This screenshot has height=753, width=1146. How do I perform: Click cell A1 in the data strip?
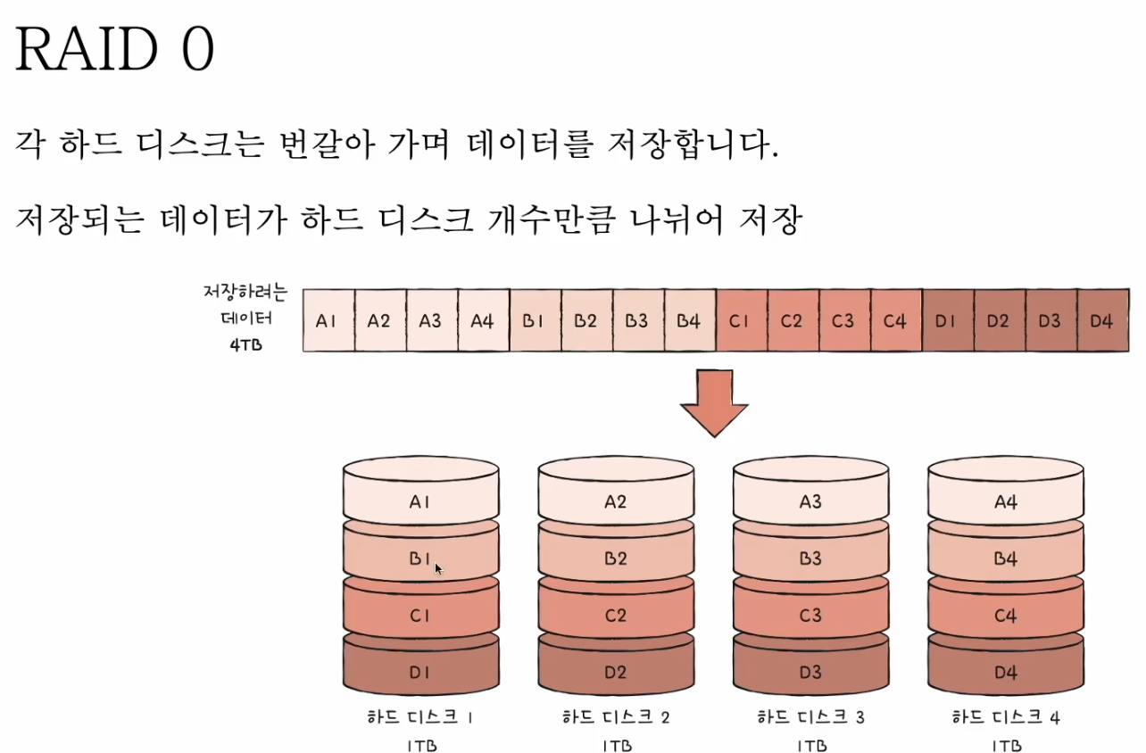(328, 320)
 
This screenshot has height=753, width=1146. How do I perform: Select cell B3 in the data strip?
(637, 320)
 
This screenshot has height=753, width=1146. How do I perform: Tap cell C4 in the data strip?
(895, 320)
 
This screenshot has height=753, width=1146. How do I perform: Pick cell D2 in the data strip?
(999, 320)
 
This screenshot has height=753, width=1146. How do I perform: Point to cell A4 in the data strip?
(483, 320)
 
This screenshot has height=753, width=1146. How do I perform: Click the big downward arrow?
(714, 403)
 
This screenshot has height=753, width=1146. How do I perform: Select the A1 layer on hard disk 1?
(420, 501)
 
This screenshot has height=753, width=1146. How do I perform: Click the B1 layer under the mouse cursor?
(420, 559)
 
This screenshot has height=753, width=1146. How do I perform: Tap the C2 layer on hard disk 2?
(616, 616)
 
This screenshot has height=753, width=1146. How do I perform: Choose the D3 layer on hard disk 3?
(810, 672)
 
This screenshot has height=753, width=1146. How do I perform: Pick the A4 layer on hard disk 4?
(1006, 501)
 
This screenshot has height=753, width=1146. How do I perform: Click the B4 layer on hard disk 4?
(1006, 559)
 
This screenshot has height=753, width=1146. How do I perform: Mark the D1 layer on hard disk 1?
(420, 672)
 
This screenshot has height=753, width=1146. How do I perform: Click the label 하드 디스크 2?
(616, 716)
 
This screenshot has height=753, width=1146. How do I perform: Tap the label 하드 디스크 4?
(1006, 716)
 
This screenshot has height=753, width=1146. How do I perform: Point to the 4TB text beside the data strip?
(245, 344)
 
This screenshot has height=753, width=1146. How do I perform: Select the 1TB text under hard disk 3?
(810, 744)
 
